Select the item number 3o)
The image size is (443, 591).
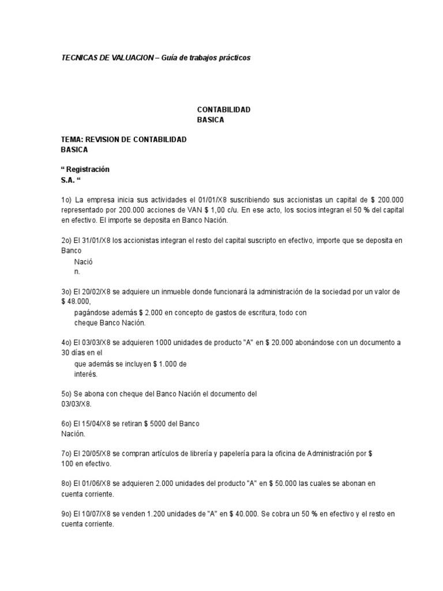point(67,292)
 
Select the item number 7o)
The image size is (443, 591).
point(67,454)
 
